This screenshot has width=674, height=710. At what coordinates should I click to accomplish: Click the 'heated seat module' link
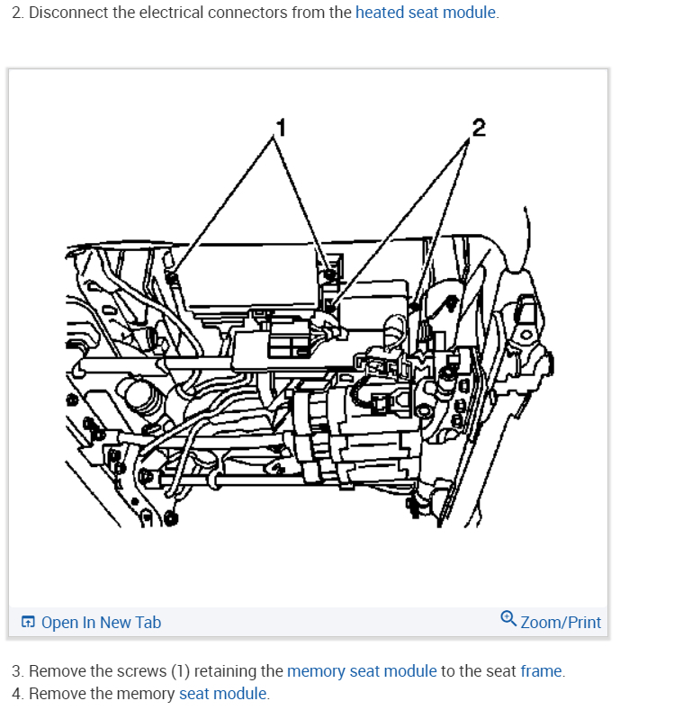[x=426, y=13]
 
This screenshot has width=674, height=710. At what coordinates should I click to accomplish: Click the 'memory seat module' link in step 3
[x=362, y=671]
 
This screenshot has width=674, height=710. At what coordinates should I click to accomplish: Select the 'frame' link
[x=541, y=671]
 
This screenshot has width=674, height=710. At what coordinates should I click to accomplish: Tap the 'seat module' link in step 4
[x=222, y=694]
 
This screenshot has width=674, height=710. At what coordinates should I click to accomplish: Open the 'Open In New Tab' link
[x=101, y=622]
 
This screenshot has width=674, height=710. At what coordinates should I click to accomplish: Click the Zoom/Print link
[x=561, y=622]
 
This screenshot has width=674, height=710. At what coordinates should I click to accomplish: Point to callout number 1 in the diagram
[x=281, y=127]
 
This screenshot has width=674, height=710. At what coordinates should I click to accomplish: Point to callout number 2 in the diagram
[x=478, y=127]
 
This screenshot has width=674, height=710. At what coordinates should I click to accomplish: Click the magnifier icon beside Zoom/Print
[x=508, y=619]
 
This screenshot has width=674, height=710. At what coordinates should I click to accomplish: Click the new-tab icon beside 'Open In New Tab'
[x=29, y=622]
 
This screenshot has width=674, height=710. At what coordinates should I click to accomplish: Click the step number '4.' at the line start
[x=17, y=694]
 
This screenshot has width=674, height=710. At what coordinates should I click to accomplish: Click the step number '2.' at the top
[x=17, y=13]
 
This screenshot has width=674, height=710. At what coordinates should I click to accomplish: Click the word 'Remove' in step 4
[x=54, y=694]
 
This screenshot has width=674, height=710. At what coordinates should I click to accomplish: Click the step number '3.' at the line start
[x=17, y=671]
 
